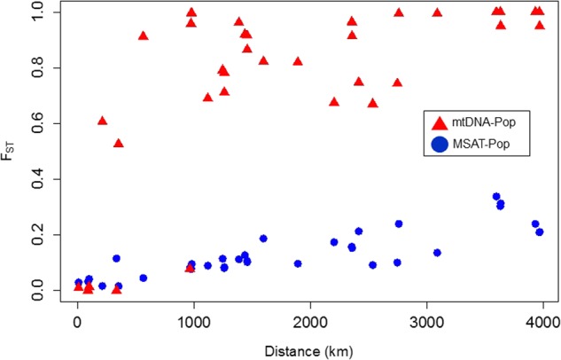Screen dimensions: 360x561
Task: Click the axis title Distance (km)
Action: coord(310,345)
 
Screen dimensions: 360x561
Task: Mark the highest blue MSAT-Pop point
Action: coord(496,197)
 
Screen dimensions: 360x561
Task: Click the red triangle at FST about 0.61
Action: coord(103,121)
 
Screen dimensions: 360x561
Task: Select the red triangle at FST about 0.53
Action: coord(119,143)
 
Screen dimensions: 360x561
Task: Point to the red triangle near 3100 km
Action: coord(437,12)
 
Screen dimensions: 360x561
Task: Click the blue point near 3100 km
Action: coord(437,253)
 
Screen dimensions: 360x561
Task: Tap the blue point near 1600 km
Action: coord(263,239)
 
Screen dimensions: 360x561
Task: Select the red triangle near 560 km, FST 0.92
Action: coord(144,35)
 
